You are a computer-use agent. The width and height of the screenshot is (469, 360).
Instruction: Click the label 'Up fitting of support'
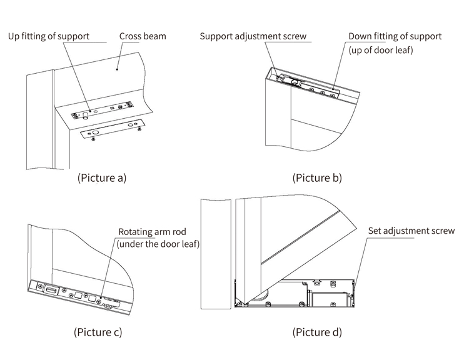pyautogui.click(x=48, y=36)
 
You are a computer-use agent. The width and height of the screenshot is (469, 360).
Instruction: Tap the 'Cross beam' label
pyautogui.click(x=143, y=36)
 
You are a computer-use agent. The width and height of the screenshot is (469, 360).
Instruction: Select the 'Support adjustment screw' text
pyautogui.click(x=253, y=36)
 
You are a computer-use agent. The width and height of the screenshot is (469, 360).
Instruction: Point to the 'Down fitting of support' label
pyautogui.click(x=395, y=36)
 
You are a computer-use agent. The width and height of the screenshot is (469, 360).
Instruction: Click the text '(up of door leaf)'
pyautogui.click(x=381, y=51)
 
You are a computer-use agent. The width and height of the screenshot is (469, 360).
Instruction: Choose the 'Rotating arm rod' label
pyautogui.click(x=152, y=231)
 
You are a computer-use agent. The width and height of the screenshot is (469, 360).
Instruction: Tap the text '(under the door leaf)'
pyautogui.click(x=158, y=244)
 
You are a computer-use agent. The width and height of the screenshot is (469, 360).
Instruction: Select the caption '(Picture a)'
pyautogui.click(x=101, y=177)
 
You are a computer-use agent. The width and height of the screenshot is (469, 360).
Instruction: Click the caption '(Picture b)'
pyautogui.click(x=317, y=177)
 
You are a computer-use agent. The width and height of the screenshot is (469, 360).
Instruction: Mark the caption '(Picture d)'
pyautogui.click(x=317, y=331)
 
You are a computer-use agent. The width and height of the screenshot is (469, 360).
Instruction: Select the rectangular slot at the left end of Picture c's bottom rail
pyautogui.click(x=50, y=289)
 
